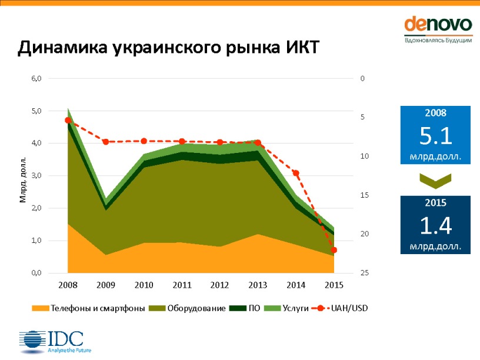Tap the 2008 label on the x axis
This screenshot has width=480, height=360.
68,285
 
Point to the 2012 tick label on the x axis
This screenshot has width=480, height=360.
219,285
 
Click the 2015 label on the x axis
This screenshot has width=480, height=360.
334,285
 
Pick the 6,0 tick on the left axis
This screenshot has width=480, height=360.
36,78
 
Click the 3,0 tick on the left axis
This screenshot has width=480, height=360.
36,176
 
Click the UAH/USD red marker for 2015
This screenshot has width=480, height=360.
334,250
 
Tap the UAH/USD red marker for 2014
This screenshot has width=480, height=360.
296,174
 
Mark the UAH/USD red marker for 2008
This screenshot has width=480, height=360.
68,120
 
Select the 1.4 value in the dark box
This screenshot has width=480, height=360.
435,226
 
